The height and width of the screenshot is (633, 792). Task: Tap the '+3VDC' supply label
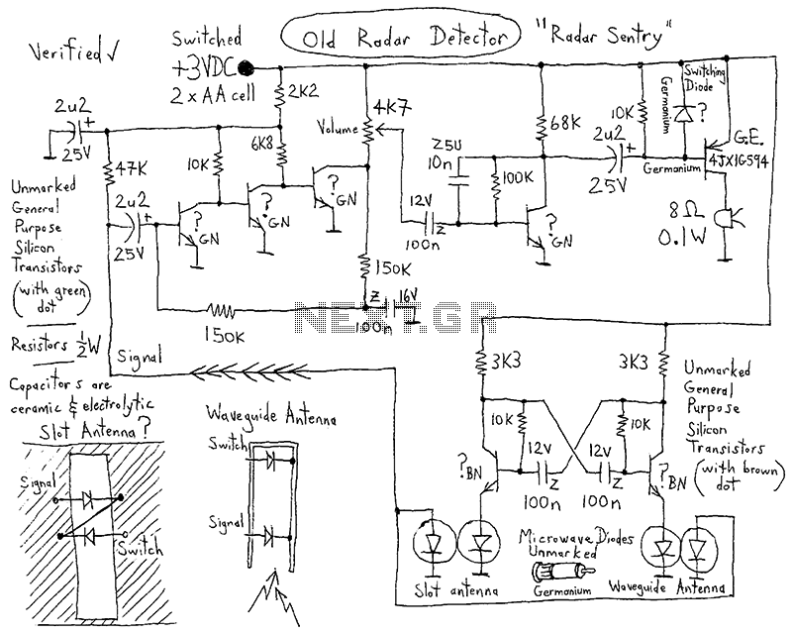click(x=205, y=69)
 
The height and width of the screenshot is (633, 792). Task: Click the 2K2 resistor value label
click(x=301, y=92)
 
